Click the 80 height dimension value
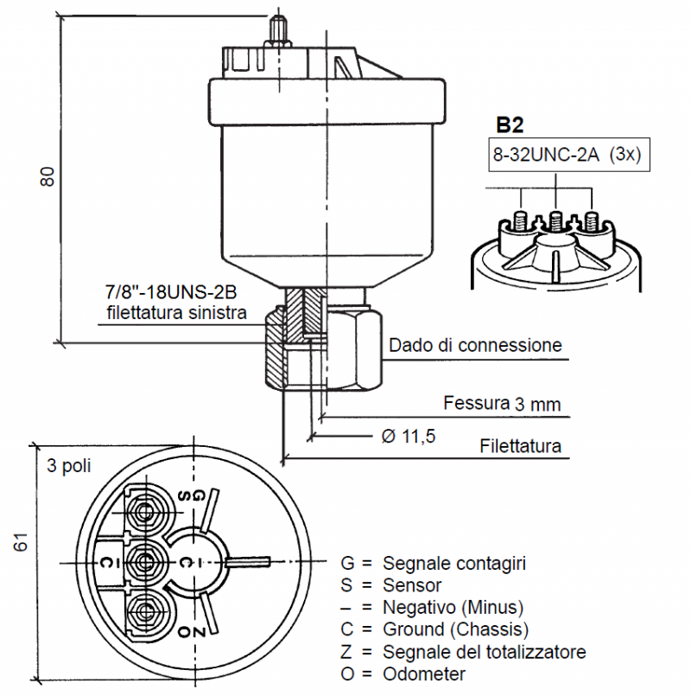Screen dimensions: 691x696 coord(48,176)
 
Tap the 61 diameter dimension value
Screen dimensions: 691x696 coord(21,542)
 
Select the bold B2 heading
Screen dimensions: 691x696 coord(510,125)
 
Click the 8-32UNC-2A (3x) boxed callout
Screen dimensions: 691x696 coord(569,155)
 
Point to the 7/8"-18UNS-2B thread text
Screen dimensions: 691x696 coord(171,292)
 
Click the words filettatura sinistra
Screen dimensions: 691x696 coord(176,312)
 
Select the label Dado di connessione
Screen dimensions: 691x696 coord(475,345)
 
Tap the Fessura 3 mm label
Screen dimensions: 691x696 coord(502,404)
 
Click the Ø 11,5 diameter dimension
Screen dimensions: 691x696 coord(409,437)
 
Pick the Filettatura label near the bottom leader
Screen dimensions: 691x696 coord(521,445)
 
